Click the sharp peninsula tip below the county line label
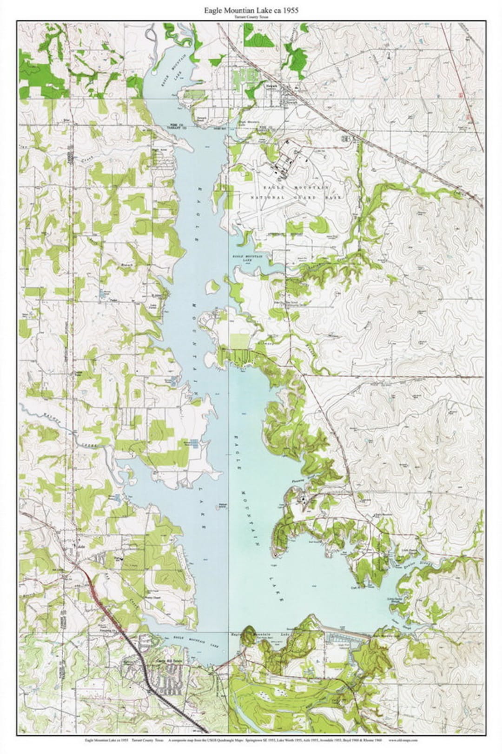coord(192,149)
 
